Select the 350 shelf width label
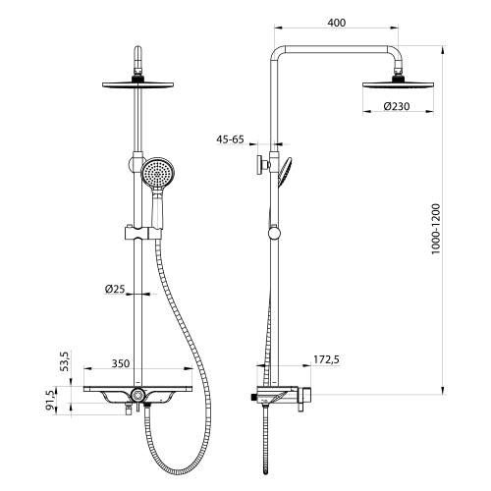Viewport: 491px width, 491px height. coord(121,363)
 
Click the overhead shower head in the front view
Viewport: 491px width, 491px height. coord(143,83)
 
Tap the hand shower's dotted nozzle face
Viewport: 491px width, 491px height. coord(154,176)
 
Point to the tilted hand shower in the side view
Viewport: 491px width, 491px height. coord(285,174)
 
